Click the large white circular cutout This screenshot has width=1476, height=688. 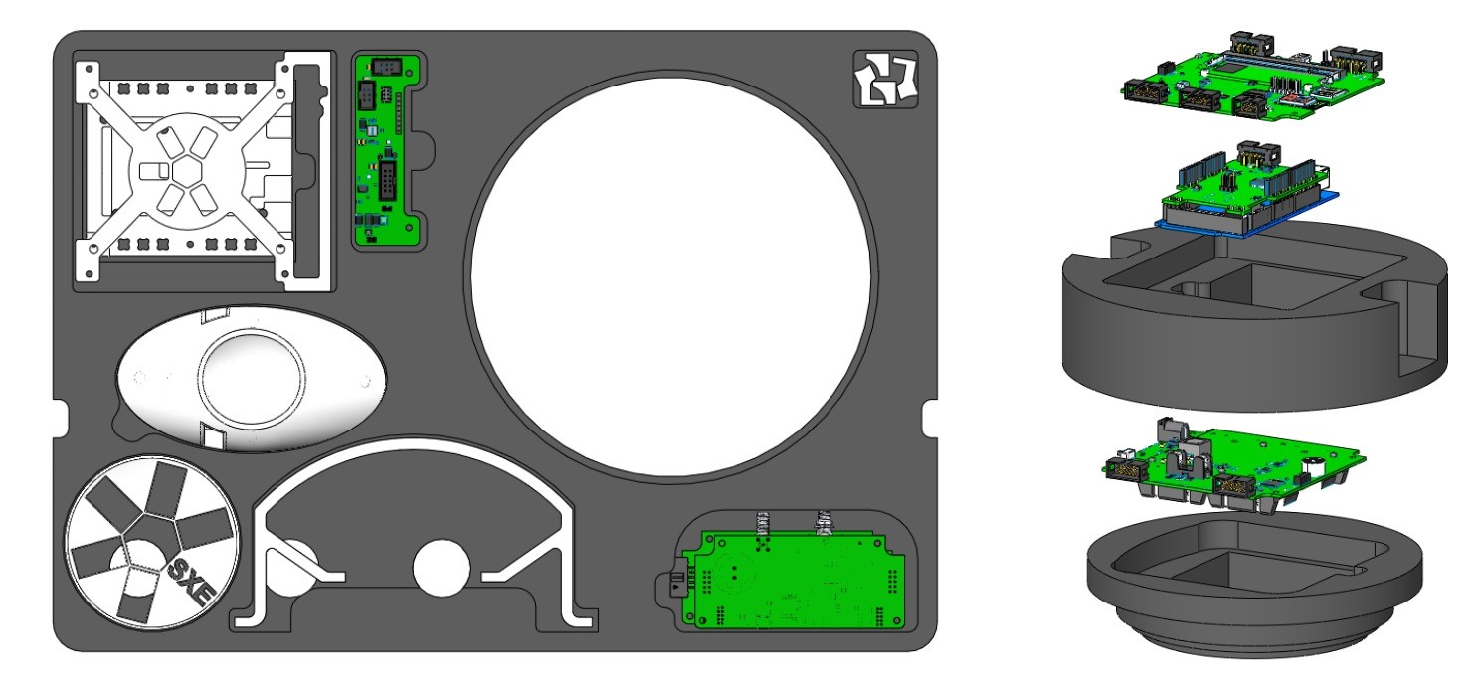[x=670, y=276]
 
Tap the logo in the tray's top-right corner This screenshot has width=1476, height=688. [x=885, y=80]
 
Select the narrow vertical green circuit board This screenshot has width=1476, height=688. [x=386, y=151]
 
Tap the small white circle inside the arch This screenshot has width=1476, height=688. [x=442, y=568]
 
